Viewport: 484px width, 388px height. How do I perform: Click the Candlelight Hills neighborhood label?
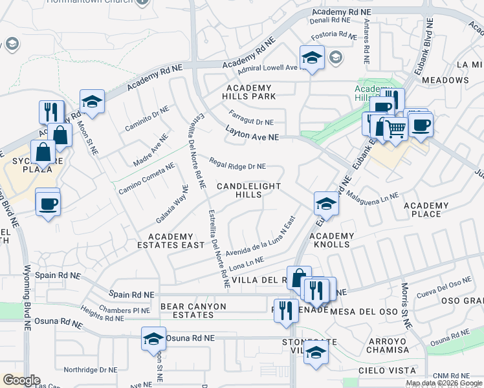(x=248, y=190)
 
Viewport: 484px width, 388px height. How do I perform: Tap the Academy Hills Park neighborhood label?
(x=250, y=92)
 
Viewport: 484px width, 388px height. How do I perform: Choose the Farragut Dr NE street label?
(x=251, y=121)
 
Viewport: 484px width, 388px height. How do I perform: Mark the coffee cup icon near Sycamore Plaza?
(x=48, y=203)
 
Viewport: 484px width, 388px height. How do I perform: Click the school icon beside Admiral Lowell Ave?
(x=312, y=58)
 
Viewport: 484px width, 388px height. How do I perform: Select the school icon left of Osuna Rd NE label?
(x=153, y=338)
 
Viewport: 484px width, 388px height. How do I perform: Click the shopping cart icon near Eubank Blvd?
(x=395, y=128)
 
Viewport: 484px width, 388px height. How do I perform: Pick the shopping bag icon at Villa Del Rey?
(x=299, y=279)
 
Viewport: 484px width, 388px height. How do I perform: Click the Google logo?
(x=21, y=380)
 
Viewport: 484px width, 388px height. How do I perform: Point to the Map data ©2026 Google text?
(x=443, y=383)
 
